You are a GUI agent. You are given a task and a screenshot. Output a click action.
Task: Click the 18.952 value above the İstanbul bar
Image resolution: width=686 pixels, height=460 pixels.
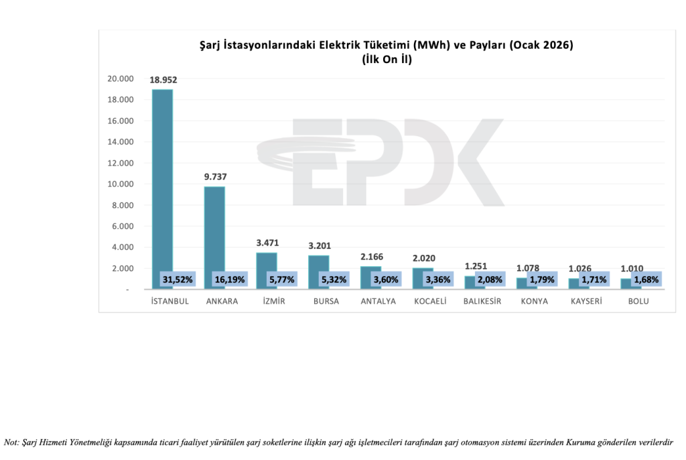click(163, 80)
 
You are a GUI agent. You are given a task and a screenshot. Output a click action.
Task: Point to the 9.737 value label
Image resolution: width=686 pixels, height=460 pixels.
click(214, 177)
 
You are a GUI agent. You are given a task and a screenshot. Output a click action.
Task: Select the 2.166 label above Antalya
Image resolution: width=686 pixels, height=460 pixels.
click(370, 257)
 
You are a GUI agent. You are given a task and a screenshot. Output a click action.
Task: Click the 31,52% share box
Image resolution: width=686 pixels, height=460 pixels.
click(178, 279)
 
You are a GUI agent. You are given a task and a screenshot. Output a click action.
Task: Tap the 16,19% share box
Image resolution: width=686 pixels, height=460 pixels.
click(229, 279)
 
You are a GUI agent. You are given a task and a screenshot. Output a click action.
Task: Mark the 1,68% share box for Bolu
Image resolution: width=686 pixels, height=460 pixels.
click(646, 279)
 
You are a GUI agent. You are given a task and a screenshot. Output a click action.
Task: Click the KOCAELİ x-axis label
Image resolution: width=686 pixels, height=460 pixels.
click(429, 301)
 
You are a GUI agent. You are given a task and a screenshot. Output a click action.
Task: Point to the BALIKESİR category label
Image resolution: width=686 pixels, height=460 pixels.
click(482, 301)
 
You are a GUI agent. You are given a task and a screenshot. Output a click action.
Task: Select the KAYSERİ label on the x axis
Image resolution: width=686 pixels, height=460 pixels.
click(586, 301)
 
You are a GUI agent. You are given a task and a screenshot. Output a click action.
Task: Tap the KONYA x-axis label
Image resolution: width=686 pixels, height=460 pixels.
click(534, 301)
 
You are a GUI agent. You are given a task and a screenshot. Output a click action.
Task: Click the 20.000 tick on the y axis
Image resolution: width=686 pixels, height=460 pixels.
click(121, 79)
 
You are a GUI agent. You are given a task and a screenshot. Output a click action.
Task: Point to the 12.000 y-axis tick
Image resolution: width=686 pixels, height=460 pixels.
click(121, 163)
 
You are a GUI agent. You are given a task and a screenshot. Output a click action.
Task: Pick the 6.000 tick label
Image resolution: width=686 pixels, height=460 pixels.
click(123, 226)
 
